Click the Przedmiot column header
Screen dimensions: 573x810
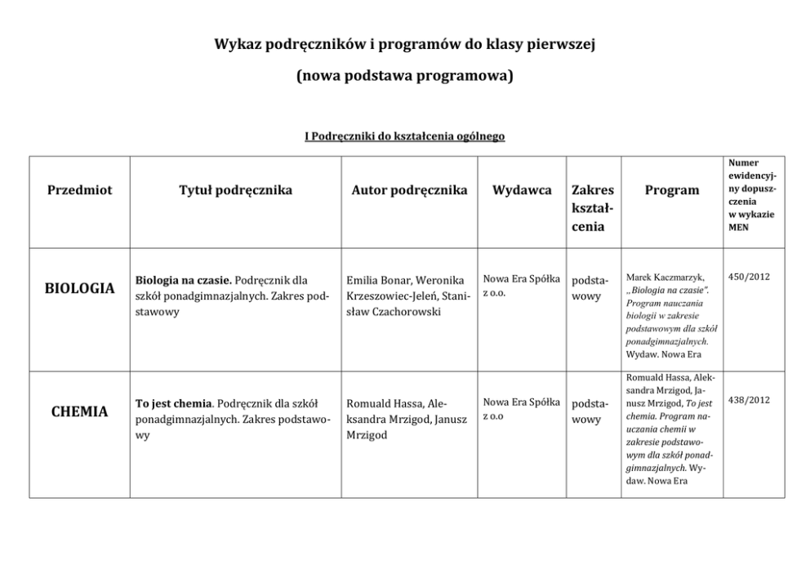79,190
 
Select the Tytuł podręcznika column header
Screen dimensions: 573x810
235,190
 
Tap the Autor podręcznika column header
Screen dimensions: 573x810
409,190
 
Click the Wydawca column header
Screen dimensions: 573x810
522,190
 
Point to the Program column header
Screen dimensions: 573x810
672,190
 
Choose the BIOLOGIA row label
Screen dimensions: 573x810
79,288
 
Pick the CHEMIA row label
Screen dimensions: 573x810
79,411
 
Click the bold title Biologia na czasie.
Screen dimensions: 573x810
183,280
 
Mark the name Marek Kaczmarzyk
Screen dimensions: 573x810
664,277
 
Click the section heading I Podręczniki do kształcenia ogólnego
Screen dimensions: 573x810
404,136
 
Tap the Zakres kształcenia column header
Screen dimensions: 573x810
593,208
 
